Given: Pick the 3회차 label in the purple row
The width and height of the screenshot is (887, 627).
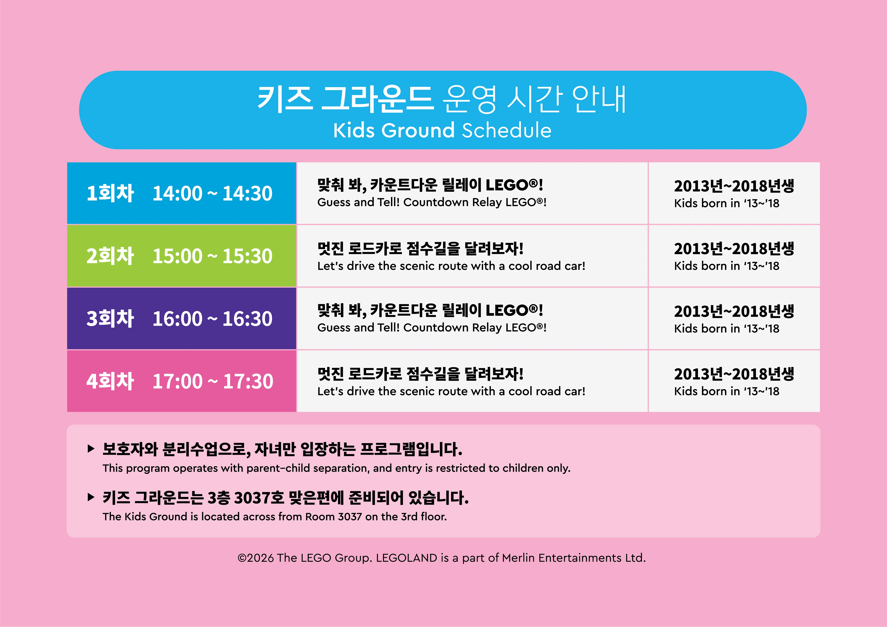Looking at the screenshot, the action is pos(110,319).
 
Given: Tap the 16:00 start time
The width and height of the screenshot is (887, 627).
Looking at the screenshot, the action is pos(177,319).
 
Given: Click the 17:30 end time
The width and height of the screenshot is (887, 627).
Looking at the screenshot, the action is pos(248,381).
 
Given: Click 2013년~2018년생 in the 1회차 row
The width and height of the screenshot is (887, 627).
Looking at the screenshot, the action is pos(734,186).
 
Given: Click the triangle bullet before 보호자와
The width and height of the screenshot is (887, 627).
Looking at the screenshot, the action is pos(91,449).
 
